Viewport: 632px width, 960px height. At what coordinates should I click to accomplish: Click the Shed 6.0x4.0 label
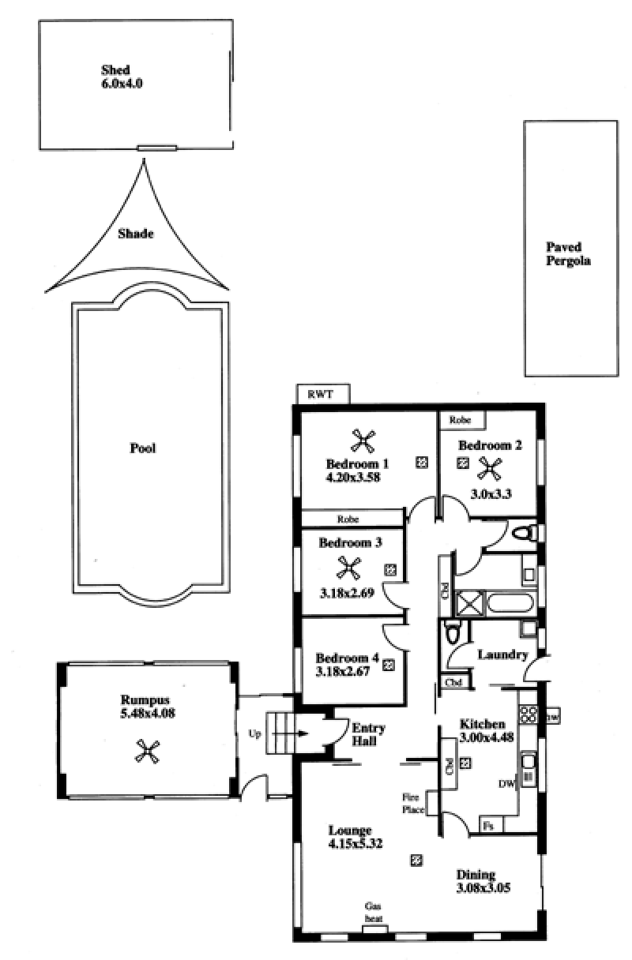click(122, 77)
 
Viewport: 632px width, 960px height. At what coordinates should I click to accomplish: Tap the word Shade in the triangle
click(136, 234)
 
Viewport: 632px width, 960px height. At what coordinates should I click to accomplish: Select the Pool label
click(143, 448)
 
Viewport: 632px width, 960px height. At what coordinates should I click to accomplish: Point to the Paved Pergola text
click(568, 253)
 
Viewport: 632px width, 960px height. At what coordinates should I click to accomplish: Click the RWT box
click(323, 394)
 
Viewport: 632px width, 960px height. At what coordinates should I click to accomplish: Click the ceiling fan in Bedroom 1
click(363, 441)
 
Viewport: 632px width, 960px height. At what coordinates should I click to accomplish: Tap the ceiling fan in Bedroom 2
click(490, 468)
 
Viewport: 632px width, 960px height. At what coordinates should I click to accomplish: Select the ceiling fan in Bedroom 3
click(348, 568)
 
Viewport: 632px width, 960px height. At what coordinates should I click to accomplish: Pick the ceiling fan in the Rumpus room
click(147, 752)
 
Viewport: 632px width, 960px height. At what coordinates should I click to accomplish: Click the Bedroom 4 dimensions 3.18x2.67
click(343, 672)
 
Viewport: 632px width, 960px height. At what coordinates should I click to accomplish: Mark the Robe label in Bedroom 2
click(460, 420)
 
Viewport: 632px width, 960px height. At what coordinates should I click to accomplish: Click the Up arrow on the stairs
click(290, 733)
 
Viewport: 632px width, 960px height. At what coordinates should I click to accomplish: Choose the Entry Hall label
click(368, 734)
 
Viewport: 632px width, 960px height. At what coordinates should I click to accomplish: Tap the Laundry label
click(502, 654)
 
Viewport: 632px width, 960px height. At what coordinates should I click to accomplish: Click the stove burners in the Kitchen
click(529, 714)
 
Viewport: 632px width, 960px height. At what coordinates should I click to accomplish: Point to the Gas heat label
click(373, 913)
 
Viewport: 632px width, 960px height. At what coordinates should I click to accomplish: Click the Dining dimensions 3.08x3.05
click(483, 887)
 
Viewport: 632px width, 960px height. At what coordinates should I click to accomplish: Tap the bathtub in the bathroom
click(510, 603)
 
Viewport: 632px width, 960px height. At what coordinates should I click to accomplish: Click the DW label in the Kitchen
click(506, 784)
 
